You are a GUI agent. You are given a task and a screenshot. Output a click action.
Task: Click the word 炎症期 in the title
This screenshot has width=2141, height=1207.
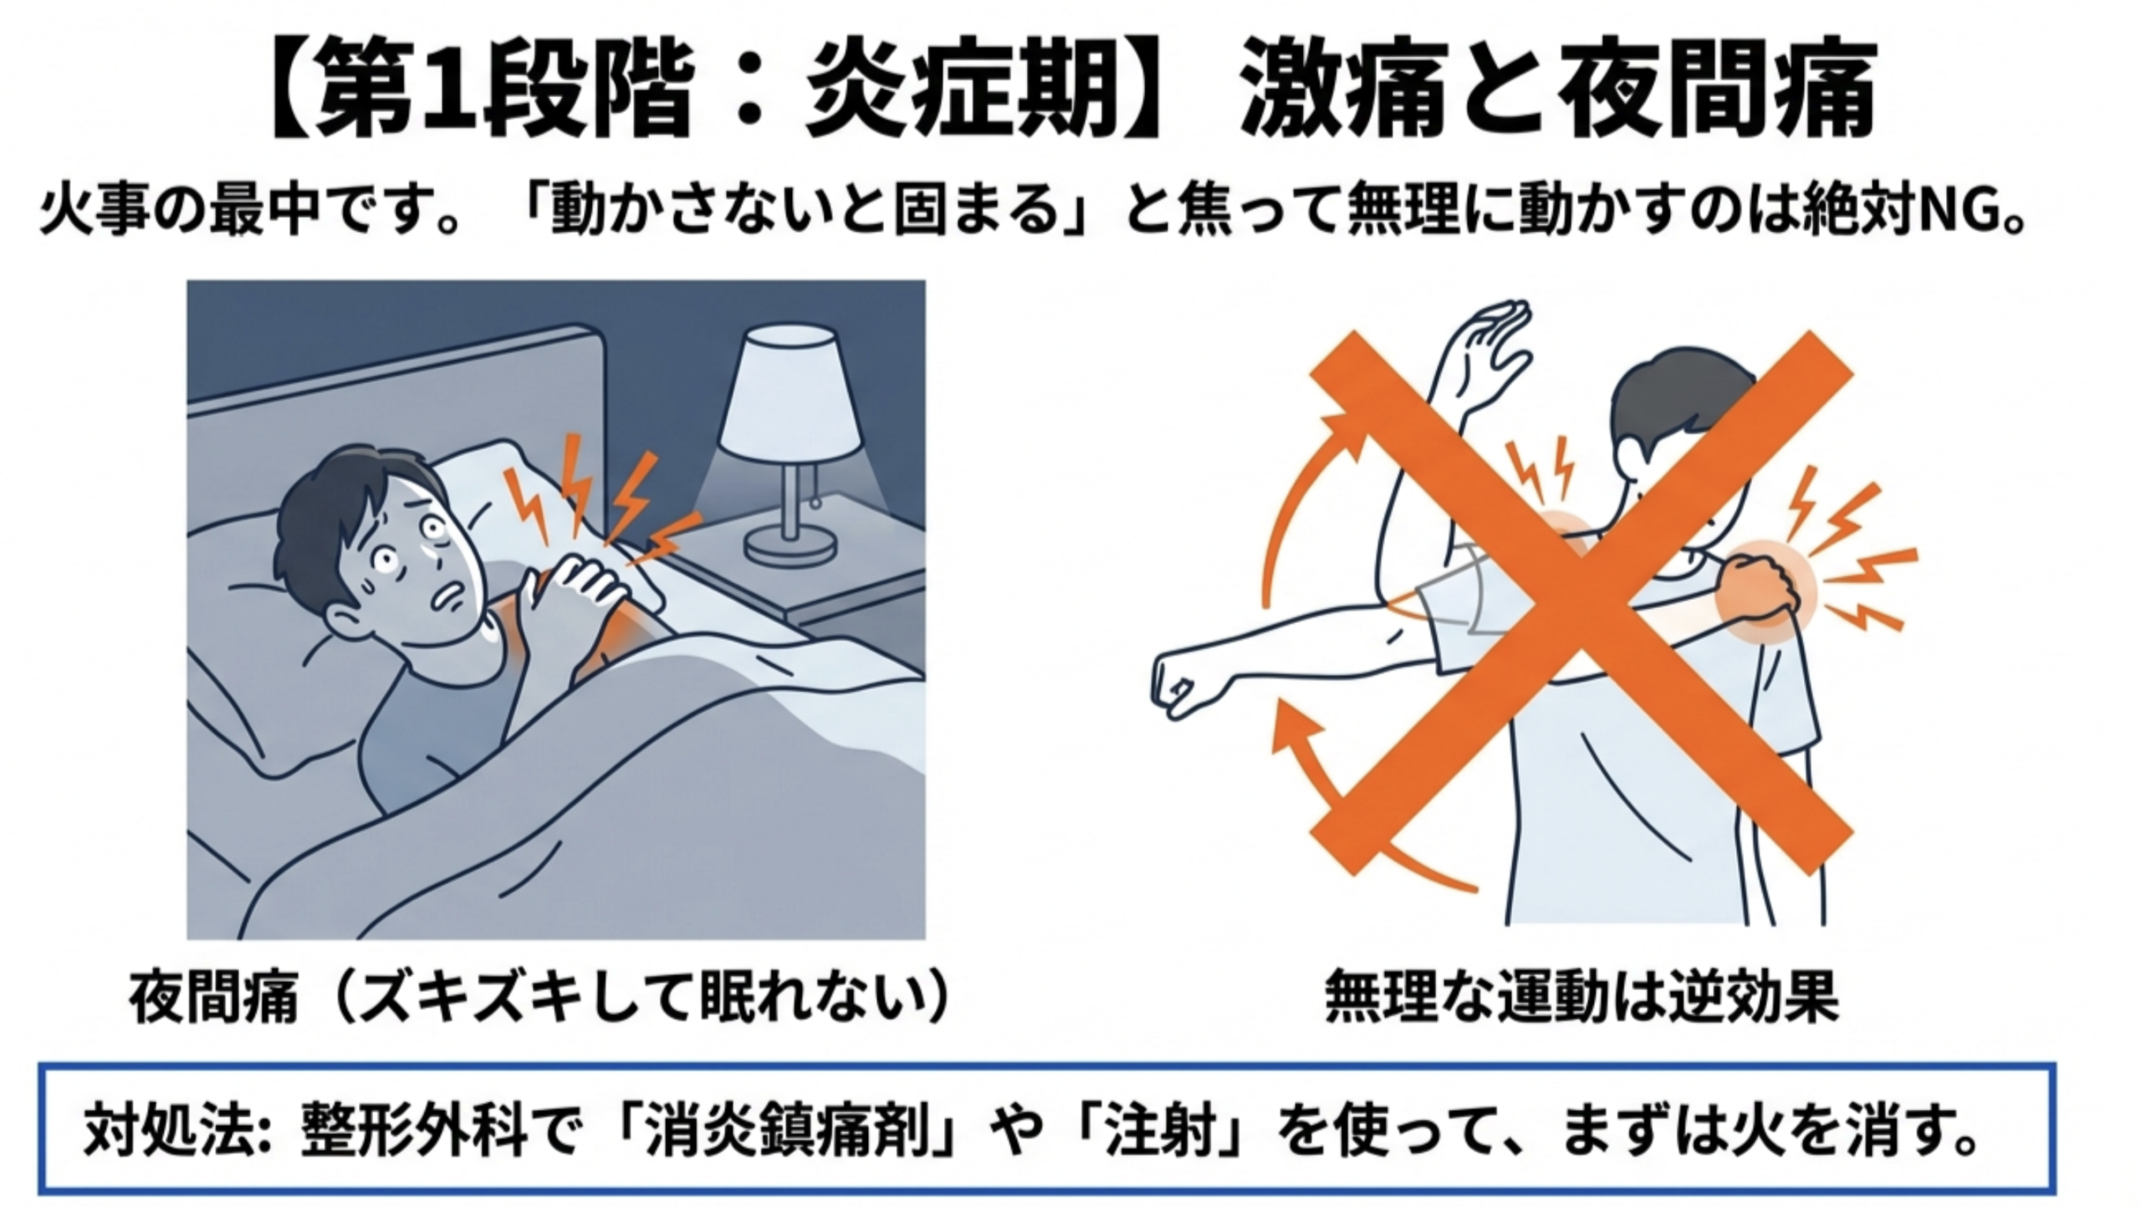click(962, 89)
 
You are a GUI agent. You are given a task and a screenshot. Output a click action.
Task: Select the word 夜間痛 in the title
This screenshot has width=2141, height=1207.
click(1714, 89)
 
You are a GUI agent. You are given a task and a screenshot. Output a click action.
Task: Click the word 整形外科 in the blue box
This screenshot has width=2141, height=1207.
click(415, 1130)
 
